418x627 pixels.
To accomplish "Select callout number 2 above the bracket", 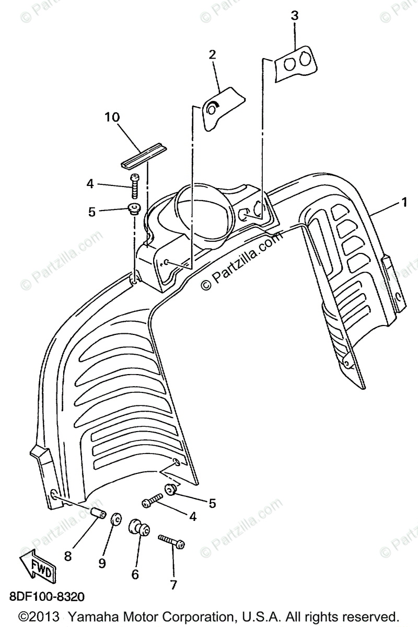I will point(212,55).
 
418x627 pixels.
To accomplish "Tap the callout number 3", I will point(295,16).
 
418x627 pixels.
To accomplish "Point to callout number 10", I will point(112,117).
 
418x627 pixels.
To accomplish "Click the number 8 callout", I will point(68,556).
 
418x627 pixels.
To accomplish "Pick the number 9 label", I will point(102,563).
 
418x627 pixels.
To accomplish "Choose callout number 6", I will point(135,574).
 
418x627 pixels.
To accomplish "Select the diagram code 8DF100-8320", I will point(46,596).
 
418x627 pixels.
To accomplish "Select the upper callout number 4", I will point(90,183).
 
